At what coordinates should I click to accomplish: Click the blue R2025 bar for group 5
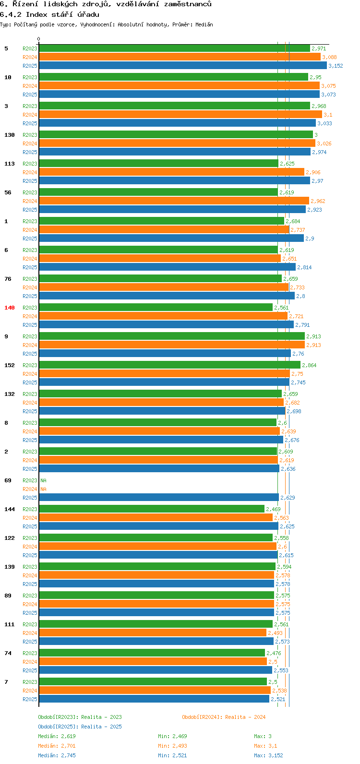(x=182, y=66)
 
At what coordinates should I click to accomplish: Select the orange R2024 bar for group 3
(x=180, y=115)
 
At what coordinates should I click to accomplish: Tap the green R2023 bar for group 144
(x=151, y=509)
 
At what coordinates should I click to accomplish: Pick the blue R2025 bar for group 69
(x=158, y=498)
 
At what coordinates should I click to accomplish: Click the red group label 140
(x=10, y=308)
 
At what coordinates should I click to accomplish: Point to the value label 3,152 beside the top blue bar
(x=336, y=66)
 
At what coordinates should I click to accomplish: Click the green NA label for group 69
(x=43, y=480)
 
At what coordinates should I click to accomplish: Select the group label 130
(x=10, y=135)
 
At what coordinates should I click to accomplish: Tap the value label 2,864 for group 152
(x=309, y=365)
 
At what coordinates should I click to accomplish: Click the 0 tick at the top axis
(x=39, y=39)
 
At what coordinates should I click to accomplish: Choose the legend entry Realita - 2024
(x=223, y=717)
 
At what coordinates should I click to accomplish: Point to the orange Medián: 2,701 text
(x=57, y=746)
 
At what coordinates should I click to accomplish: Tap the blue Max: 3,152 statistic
(x=268, y=755)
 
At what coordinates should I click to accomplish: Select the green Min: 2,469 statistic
(x=172, y=736)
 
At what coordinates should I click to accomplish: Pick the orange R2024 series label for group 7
(x=30, y=691)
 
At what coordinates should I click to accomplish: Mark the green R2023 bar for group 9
(x=171, y=336)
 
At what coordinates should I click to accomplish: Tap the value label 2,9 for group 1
(x=310, y=239)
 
